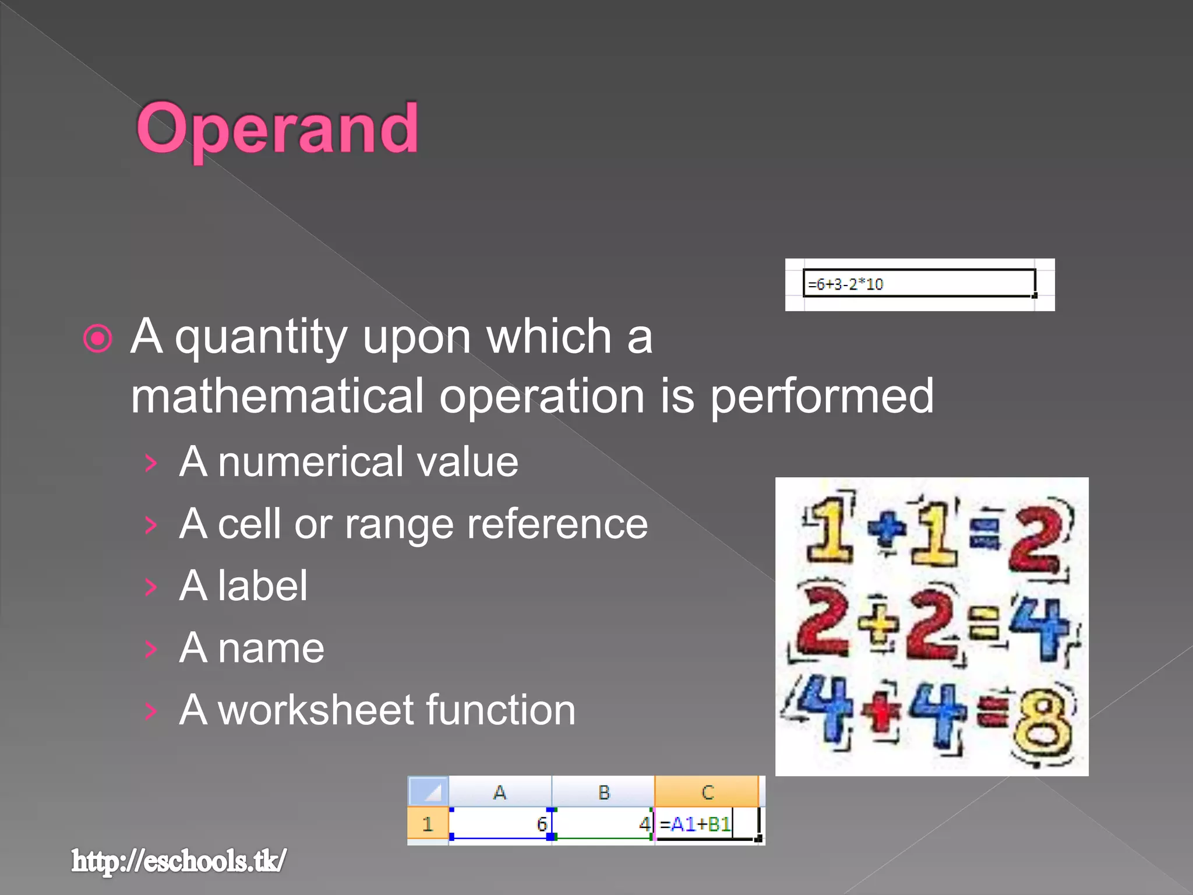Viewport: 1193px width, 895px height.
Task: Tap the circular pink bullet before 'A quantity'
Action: pos(97,339)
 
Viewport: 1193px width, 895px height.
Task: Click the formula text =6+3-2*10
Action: pos(845,284)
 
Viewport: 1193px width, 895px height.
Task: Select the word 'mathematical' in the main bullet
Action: pos(277,396)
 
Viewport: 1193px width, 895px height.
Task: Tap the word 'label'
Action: pos(263,586)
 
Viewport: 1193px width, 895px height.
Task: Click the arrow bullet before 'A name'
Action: pos(151,649)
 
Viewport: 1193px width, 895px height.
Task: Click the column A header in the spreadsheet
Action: pos(500,792)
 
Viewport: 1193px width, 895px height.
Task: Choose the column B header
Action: pos(603,792)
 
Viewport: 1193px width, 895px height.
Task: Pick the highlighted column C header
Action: pos(707,792)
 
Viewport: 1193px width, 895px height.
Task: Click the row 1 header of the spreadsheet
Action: pos(428,824)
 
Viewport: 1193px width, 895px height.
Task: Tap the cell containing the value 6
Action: pos(500,824)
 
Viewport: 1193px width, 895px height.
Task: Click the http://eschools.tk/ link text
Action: pos(179,861)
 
